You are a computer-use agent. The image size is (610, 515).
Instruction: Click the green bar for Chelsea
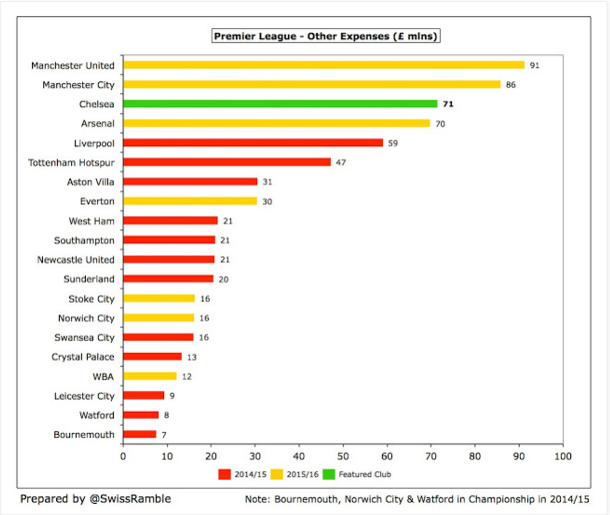[x=280, y=104]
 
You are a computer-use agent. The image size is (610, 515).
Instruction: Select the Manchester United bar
[x=324, y=65]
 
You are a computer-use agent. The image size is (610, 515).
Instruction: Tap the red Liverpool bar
[x=253, y=142]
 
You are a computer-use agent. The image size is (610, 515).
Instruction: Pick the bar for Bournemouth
[x=140, y=434]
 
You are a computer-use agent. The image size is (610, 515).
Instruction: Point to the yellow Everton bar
[x=190, y=201]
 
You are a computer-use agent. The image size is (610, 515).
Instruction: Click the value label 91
[x=534, y=65]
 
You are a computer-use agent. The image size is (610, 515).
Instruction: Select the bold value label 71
[x=448, y=104]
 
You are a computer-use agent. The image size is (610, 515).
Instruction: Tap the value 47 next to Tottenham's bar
[x=341, y=162]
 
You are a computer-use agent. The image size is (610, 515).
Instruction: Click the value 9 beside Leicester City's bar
[x=172, y=396]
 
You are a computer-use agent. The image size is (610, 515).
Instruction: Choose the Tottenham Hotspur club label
[x=71, y=162]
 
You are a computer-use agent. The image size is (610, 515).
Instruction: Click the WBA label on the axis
[x=103, y=376]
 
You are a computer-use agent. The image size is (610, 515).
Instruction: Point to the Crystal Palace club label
[x=83, y=357]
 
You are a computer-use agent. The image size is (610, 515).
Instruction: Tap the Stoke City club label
[x=91, y=299]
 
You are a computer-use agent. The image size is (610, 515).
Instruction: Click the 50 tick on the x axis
[x=343, y=456]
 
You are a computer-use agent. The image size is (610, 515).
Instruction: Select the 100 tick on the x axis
[x=563, y=456]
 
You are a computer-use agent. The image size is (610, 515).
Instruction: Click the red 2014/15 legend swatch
[x=224, y=474]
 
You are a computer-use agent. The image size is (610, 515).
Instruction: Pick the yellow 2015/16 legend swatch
[x=277, y=474]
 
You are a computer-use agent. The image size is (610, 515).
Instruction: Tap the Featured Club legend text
[x=365, y=474]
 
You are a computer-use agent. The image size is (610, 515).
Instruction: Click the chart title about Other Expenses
[x=325, y=36]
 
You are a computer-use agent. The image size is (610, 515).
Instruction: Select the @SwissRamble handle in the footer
[x=130, y=499]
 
